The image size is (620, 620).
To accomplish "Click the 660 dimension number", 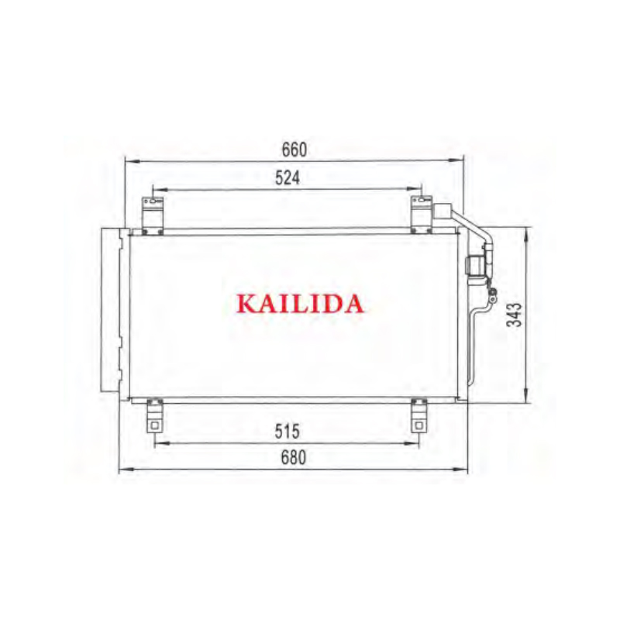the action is [294, 150].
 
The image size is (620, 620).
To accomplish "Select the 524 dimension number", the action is [288, 178].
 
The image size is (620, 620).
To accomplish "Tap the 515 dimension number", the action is [288, 432].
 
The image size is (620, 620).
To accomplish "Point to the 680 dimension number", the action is [294, 457].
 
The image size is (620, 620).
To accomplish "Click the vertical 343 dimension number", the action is [515, 315].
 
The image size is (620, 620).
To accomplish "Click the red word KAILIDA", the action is [300, 304].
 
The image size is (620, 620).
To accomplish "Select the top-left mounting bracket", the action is [153, 215].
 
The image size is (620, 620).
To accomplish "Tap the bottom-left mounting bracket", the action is [154, 415].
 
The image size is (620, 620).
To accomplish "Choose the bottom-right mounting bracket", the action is [419, 415].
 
